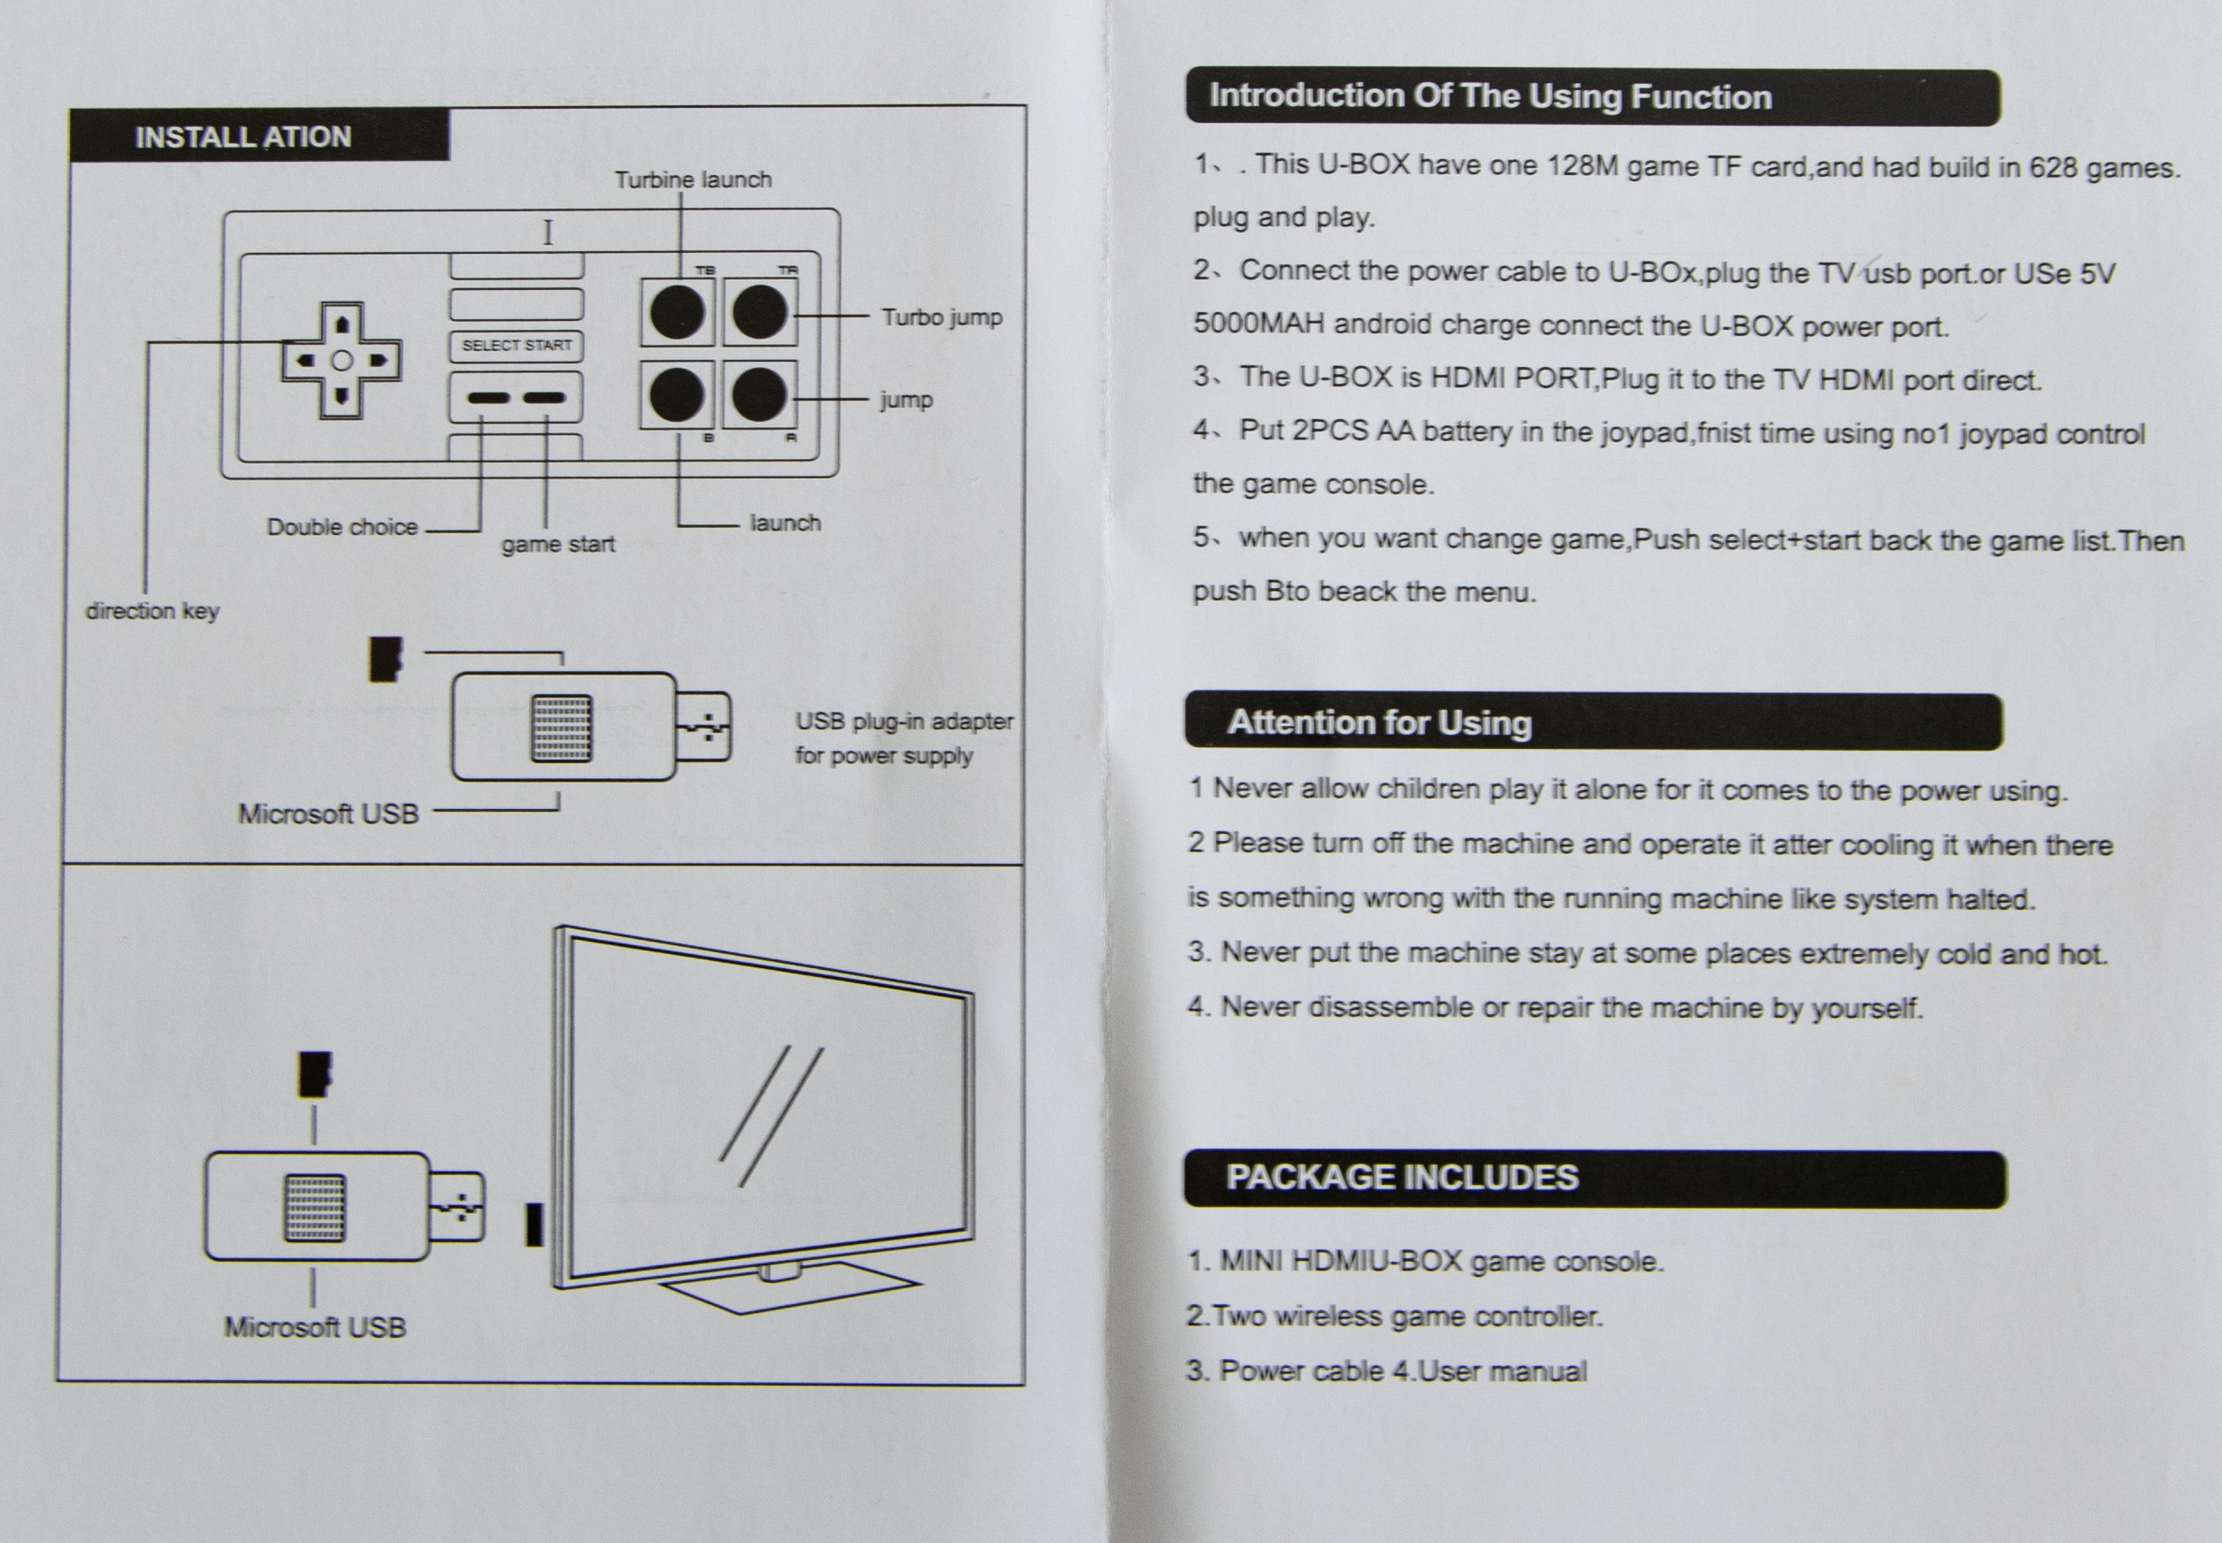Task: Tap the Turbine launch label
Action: coord(693,180)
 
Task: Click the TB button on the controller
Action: coord(677,312)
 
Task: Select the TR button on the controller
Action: coord(760,312)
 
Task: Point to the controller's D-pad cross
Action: coord(341,361)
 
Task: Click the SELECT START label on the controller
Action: coord(517,345)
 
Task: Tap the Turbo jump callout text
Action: coord(942,317)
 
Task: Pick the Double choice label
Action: coord(342,527)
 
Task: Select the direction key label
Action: coord(153,611)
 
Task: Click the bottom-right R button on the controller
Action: coord(760,394)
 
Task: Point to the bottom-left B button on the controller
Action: coord(677,394)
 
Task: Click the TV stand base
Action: coord(788,1290)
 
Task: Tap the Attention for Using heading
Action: coord(1380,722)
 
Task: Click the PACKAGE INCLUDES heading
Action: coord(1402,1178)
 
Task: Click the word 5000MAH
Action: coord(1258,323)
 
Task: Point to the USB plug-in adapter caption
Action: coord(904,737)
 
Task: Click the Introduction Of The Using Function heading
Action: coord(1490,96)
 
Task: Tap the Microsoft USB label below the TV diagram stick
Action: coord(315,1327)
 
